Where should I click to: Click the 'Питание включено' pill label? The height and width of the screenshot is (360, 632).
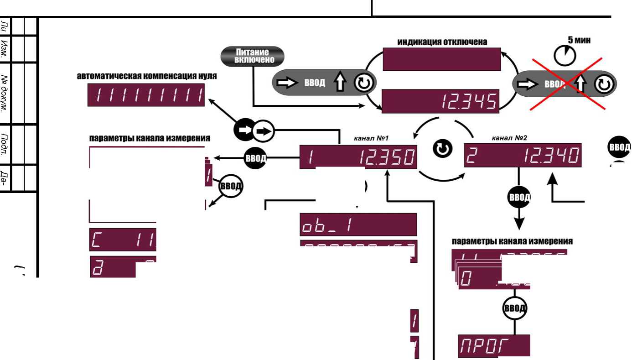pyautogui.click(x=252, y=56)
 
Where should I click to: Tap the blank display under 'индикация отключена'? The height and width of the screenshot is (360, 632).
pyautogui.click(x=441, y=59)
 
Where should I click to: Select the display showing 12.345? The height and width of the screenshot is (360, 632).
pyautogui.click(x=440, y=101)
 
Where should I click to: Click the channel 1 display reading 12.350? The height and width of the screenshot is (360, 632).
pyautogui.click(x=358, y=157)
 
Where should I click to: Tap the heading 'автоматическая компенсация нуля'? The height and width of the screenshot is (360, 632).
pyautogui.click(x=147, y=76)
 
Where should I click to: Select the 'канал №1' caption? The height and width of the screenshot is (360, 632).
pyautogui.click(x=371, y=137)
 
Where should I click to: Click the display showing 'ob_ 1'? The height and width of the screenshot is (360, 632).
pyautogui.click(x=358, y=224)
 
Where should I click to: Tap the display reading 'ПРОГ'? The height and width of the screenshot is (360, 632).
pyautogui.click(x=494, y=345)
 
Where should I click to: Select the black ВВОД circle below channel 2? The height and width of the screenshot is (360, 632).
pyautogui.click(x=519, y=198)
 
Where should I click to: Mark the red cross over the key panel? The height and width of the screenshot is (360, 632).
pyautogui.click(x=567, y=84)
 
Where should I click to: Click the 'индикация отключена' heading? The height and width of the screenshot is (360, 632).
pyautogui.click(x=442, y=42)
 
